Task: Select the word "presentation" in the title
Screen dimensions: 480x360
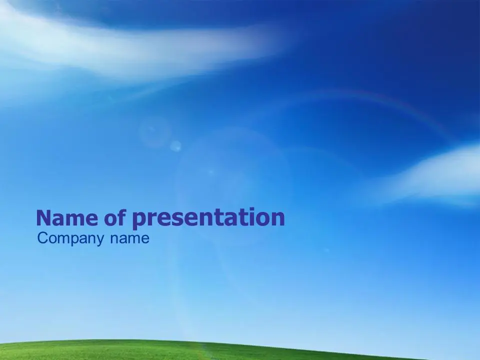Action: pos(208,218)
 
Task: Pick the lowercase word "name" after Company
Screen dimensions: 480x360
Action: pos(130,238)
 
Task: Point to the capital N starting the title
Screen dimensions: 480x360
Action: pos(43,218)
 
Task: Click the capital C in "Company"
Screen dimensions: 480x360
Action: pos(43,238)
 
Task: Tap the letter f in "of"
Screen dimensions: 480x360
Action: pos(122,217)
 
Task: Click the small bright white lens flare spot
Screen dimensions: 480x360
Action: pos(175,146)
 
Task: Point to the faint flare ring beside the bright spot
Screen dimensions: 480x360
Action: pos(154,132)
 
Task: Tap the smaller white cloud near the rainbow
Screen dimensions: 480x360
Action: pos(434,176)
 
